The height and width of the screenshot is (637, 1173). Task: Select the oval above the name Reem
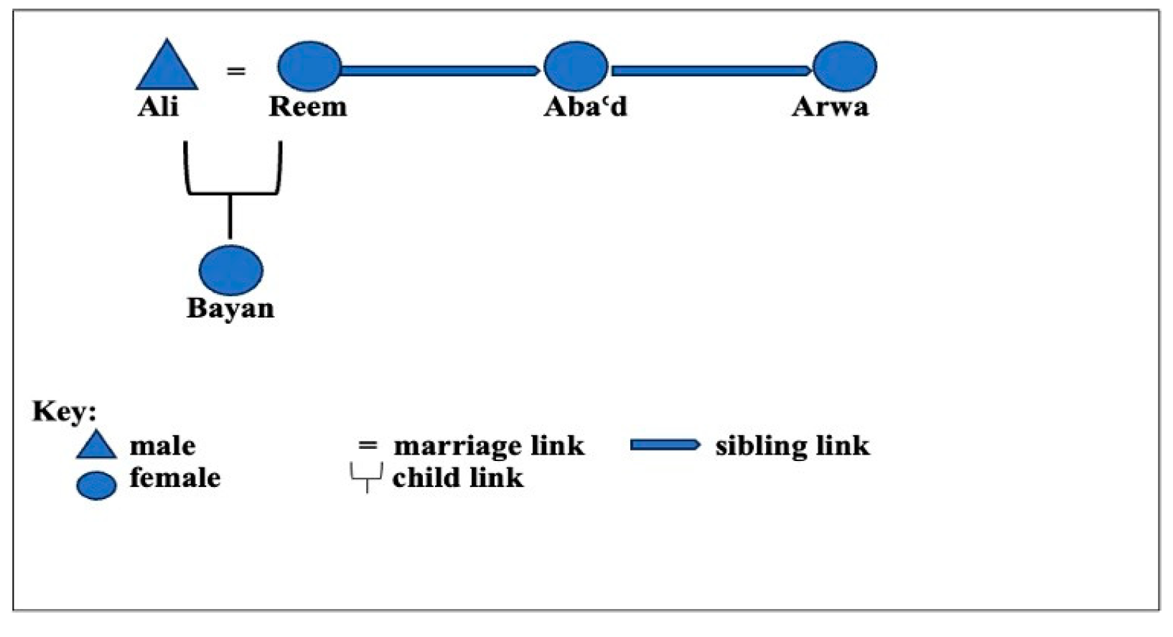point(309,67)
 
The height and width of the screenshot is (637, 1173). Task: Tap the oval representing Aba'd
point(576,67)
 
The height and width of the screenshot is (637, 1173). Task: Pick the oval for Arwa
point(845,67)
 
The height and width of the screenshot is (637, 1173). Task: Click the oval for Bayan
point(230,270)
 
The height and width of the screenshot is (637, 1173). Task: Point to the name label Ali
point(158,107)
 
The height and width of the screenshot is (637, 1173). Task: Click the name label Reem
point(308,107)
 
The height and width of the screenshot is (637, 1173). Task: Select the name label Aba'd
point(585,107)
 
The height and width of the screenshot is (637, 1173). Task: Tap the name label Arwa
point(830,107)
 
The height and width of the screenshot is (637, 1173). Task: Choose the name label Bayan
point(230,309)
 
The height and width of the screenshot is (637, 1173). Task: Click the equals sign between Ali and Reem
point(236,71)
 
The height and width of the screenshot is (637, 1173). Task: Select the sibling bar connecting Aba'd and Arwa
point(710,70)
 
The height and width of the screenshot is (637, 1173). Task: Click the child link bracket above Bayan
point(231,192)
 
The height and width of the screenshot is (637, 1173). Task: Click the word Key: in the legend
point(64,412)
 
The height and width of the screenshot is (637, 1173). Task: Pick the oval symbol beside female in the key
point(96,485)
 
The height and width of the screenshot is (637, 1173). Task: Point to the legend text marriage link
point(489,446)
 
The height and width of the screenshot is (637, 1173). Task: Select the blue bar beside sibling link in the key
point(665,445)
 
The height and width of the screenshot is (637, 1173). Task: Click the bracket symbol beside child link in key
point(366,478)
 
